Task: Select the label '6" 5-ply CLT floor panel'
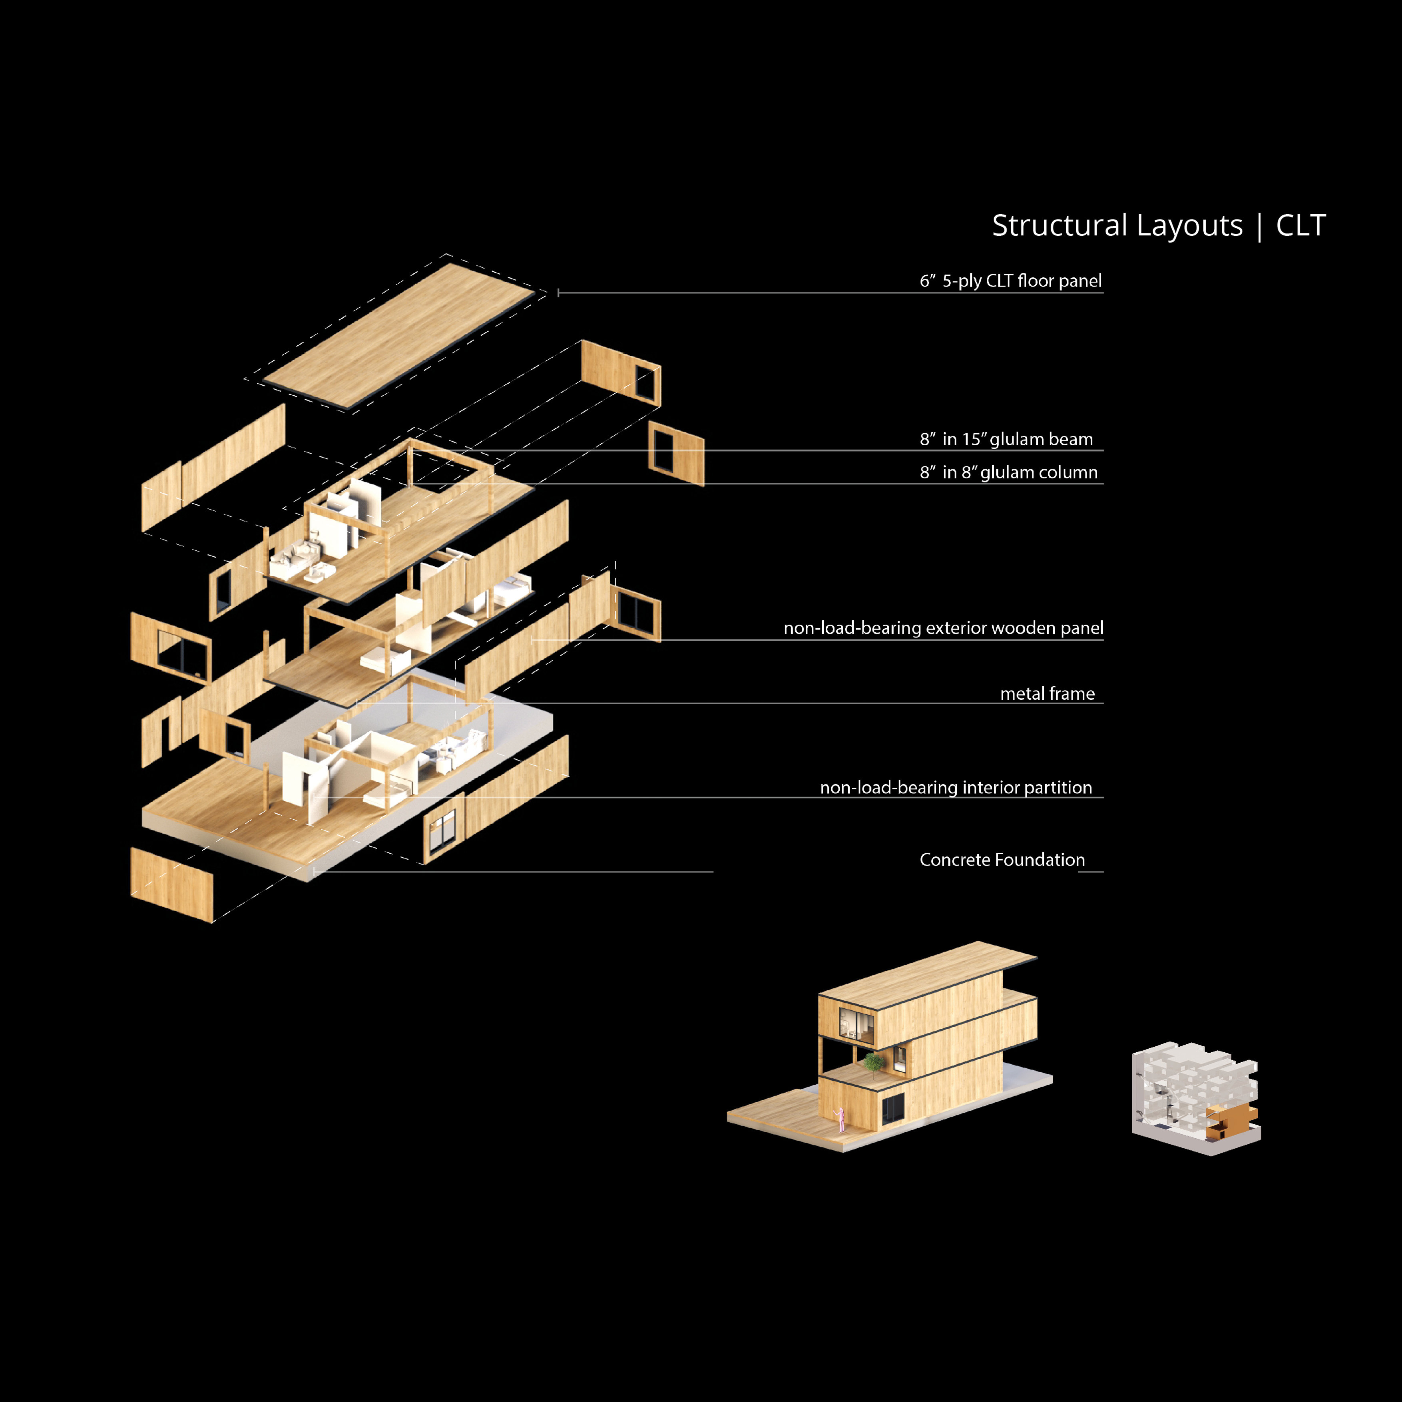(x=1010, y=281)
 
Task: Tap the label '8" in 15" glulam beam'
(x=1006, y=439)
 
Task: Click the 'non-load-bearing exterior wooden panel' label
(x=943, y=628)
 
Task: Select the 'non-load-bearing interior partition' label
(x=955, y=787)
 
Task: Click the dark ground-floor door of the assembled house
(x=892, y=1109)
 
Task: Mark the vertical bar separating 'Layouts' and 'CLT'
(x=1259, y=226)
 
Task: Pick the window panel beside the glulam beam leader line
(x=675, y=454)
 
